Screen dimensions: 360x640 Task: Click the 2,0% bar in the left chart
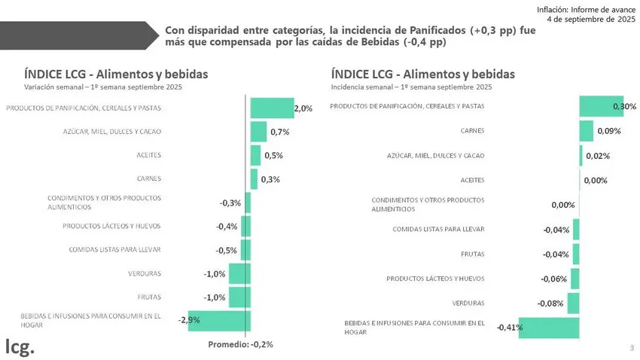pyautogui.click(x=271, y=108)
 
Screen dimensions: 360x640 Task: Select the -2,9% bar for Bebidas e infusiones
pyautogui.click(x=210, y=320)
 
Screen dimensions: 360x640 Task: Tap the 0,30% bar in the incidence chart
pyautogui.click(x=601, y=106)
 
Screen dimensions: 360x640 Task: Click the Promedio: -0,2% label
pyautogui.click(x=239, y=344)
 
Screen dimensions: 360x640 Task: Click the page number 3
pyautogui.click(x=631, y=347)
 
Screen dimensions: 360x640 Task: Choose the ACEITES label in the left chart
pyautogui.click(x=148, y=155)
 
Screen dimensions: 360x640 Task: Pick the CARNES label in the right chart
pyautogui.click(x=472, y=130)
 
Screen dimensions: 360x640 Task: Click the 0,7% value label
pyautogui.click(x=279, y=133)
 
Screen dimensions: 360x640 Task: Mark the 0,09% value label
pyautogui.click(x=608, y=132)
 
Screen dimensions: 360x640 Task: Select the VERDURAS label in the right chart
pyautogui.click(x=468, y=303)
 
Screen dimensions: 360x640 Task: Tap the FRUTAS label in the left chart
pyautogui.click(x=149, y=297)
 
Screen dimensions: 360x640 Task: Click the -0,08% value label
pyautogui.click(x=551, y=304)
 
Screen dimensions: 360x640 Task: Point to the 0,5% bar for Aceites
pyautogui.click(x=255, y=155)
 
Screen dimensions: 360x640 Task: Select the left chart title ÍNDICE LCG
pyautogui.click(x=116, y=74)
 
